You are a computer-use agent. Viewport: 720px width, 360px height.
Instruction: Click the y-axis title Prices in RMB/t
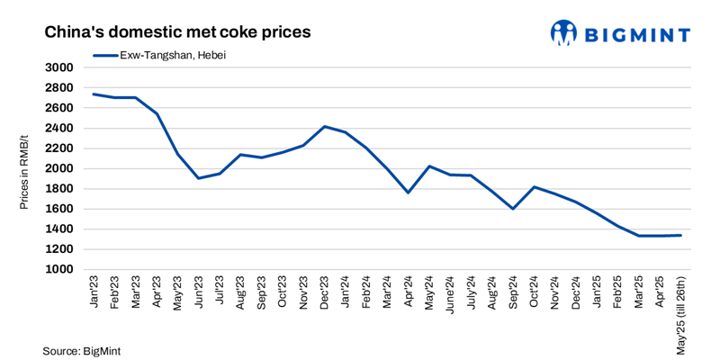pos(24,168)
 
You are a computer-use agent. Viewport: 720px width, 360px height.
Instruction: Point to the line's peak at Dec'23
pos(324,126)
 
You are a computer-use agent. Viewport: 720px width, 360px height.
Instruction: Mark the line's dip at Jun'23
pos(199,178)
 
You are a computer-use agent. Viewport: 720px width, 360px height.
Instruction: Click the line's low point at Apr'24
pos(408,193)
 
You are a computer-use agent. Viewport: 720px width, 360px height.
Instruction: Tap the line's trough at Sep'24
pos(512,209)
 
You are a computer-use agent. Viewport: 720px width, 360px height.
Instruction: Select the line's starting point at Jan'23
pos(94,94)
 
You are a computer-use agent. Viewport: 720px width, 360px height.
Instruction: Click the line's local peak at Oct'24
pos(534,187)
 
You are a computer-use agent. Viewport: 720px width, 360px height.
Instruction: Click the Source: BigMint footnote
pos(81,350)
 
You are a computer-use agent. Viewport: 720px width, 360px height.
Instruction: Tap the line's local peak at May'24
pos(429,166)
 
